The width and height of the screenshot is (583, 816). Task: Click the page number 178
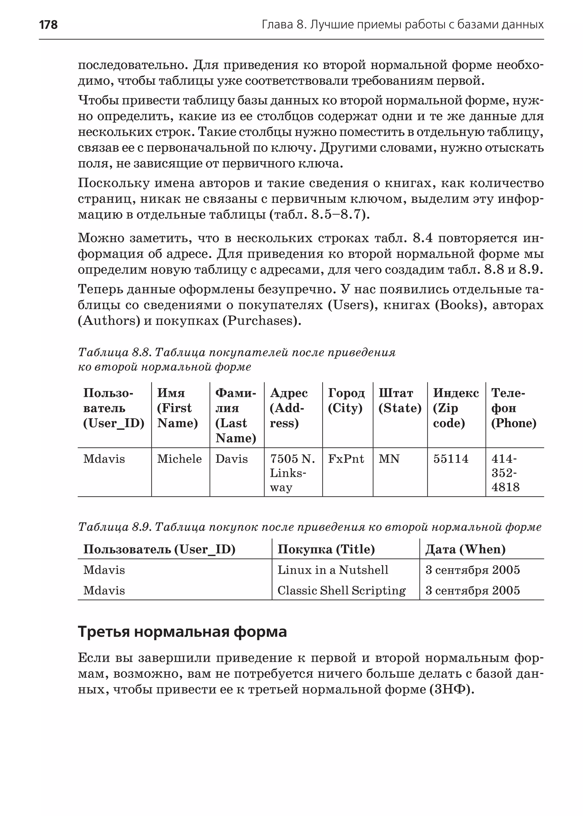pyautogui.click(x=48, y=25)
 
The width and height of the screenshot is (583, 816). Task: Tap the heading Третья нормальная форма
pyautogui.click(x=182, y=631)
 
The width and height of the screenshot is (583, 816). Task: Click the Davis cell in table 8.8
pyautogui.click(x=231, y=459)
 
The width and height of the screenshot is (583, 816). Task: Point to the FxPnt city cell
pyautogui.click(x=346, y=459)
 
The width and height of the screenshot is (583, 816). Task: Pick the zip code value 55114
pyautogui.click(x=451, y=459)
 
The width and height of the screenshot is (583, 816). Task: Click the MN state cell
pyautogui.click(x=389, y=459)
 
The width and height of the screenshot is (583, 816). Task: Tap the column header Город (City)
pyautogui.click(x=346, y=401)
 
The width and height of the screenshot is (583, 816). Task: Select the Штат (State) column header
pyautogui.click(x=400, y=401)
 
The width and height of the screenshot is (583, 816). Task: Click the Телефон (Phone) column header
pyautogui.click(x=513, y=408)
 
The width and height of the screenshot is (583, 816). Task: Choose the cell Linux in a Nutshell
pyautogui.click(x=333, y=570)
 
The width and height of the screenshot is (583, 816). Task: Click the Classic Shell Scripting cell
pyautogui.click(x=341, y=590)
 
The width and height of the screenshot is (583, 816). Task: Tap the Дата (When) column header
pyautogui.click(x=465, y=549)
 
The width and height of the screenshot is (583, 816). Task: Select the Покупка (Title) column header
pyautogui.click(x=326, y=549)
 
